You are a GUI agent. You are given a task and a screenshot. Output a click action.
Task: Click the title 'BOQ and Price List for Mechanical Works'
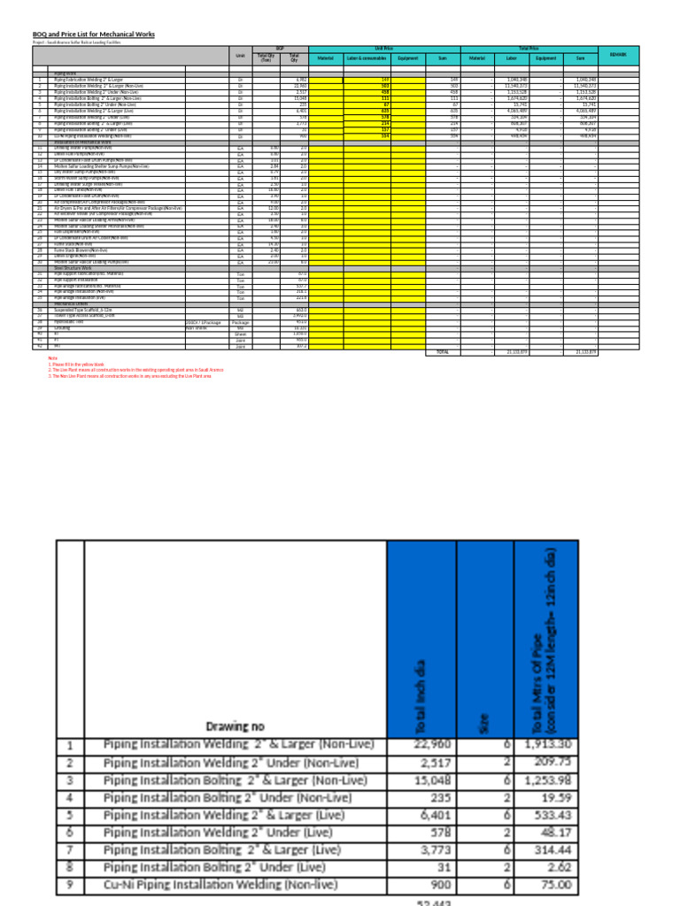click(x=93, y=34)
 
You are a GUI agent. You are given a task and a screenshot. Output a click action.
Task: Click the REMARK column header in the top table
click(x=618, y=55)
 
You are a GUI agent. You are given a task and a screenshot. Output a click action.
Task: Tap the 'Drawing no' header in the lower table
click(x=235, y=726)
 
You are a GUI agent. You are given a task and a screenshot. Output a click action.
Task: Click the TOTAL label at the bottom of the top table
click(x=444, y=351)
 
